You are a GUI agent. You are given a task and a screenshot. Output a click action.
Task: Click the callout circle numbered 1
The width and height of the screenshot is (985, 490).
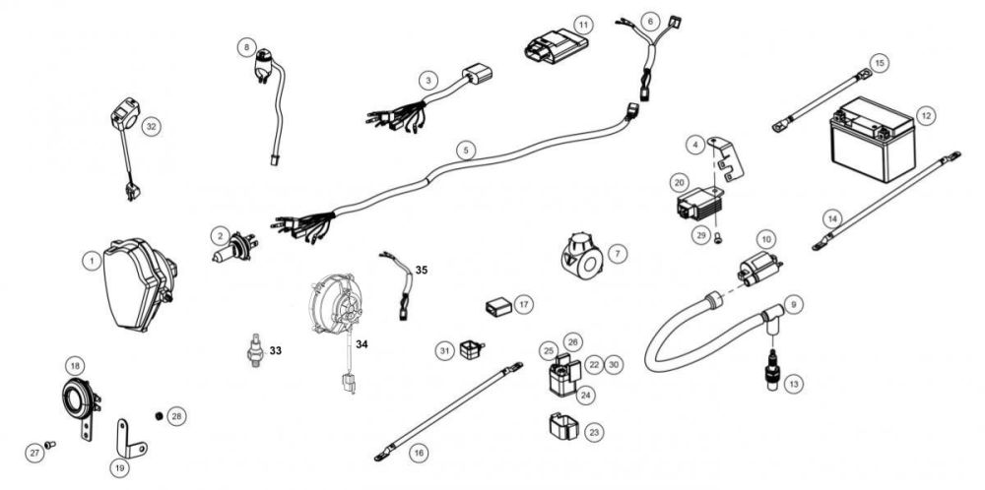(90, 261)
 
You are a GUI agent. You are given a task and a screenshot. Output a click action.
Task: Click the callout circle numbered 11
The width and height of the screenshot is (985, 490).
(584, 24)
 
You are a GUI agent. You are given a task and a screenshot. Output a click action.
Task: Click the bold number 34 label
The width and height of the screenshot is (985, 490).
(361, 344)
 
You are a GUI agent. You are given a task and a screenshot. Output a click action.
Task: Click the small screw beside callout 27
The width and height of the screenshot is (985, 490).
(52, 445)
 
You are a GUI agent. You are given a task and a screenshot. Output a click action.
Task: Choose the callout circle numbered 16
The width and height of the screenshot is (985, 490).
(419, 453)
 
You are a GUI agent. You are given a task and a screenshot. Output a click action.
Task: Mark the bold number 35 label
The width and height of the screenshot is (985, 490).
(422, 267)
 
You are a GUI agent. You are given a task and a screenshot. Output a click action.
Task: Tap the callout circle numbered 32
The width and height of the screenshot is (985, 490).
(150, 127)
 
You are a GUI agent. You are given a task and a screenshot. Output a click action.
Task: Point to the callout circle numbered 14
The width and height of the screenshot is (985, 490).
(832, 216)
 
